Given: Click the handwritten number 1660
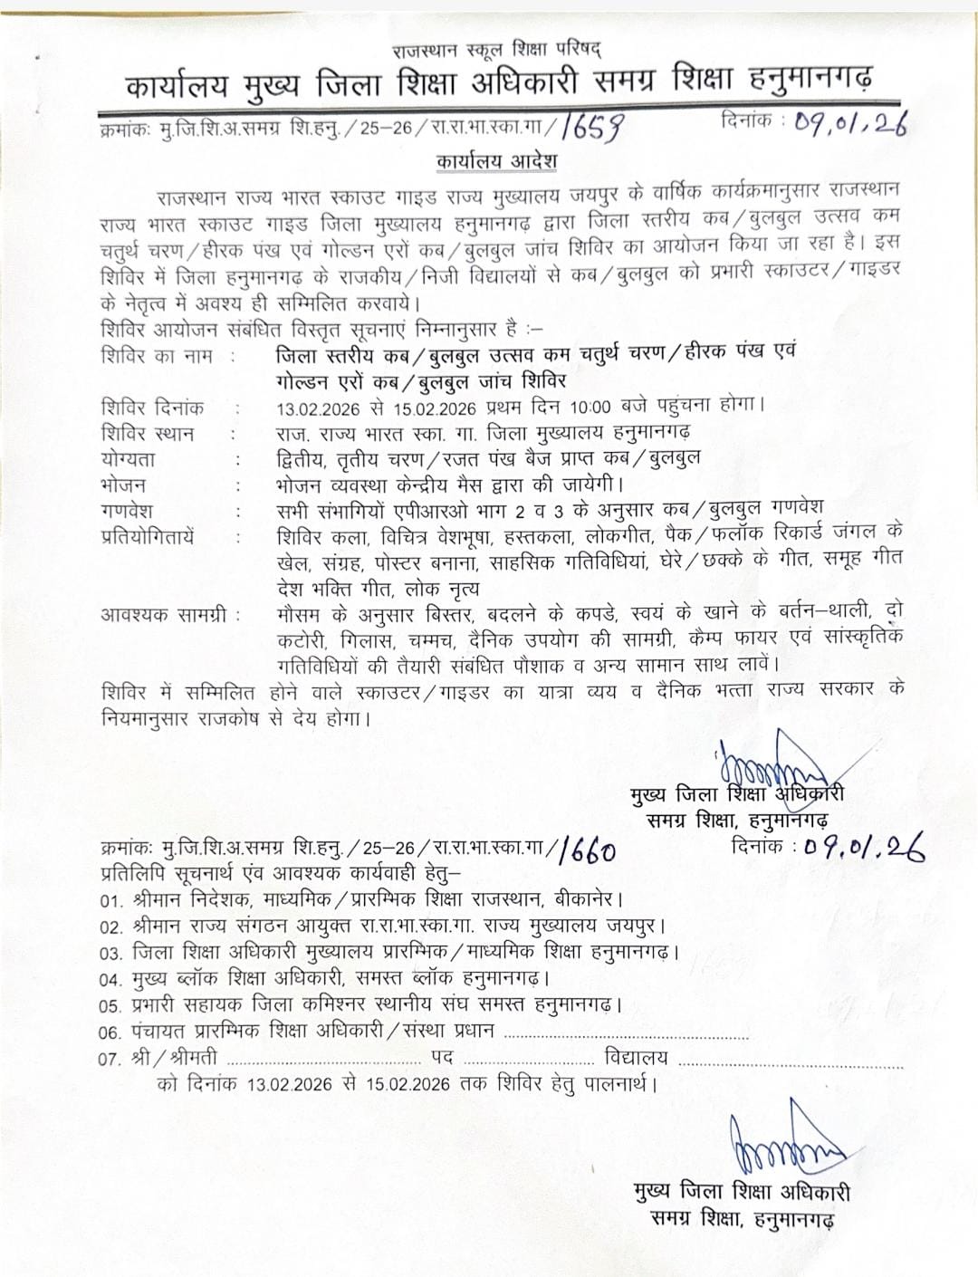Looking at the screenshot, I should point(590,850).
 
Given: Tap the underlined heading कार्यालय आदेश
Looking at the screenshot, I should point(496,161).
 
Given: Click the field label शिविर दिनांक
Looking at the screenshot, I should point(153,408).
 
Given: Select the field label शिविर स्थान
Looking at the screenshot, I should point(148,433).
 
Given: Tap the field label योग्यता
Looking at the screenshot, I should point(129,459).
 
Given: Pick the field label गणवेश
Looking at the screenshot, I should point(127,510).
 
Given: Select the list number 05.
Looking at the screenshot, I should point(111,1005).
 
